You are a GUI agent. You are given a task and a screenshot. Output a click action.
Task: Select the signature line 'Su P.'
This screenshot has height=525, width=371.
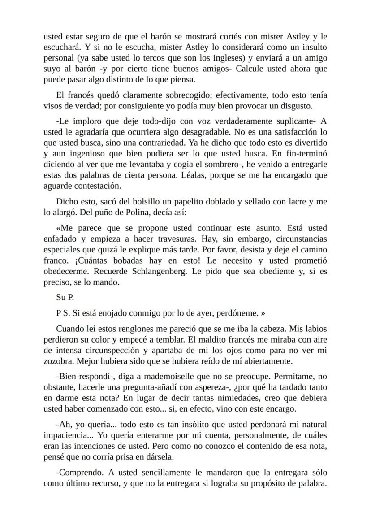[65, 298]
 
